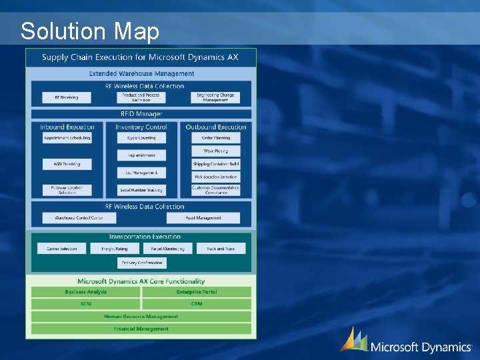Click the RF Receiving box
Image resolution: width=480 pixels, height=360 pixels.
click(67, 97)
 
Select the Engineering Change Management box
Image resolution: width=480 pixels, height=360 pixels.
click(215, 97)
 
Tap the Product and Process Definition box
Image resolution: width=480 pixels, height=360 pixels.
click(141, 97)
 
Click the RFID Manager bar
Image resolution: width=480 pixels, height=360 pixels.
click(141, 114)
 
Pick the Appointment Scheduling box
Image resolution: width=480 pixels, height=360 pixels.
click(67, 138)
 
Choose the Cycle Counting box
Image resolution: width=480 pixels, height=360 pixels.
click(141, 138)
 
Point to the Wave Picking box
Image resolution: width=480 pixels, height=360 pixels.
click(215, 151)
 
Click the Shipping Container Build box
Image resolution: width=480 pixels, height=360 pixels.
click(215, 164)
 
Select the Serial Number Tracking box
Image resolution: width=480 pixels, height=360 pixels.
click(141, 190)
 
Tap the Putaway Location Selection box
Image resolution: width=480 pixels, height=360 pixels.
click(67, 190)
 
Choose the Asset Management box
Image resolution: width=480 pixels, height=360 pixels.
click(203, 218)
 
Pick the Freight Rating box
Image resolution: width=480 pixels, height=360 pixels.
click(114, 249)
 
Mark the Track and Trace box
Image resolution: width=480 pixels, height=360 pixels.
click(220, 249)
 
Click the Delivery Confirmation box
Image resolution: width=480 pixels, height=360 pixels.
click(141, 263)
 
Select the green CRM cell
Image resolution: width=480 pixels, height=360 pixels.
click(197, 304)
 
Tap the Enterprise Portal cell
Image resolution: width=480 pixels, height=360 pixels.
click(197, 292)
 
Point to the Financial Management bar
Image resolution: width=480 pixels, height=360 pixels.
click(141, 329)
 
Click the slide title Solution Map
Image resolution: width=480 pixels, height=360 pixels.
click(90, 31)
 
